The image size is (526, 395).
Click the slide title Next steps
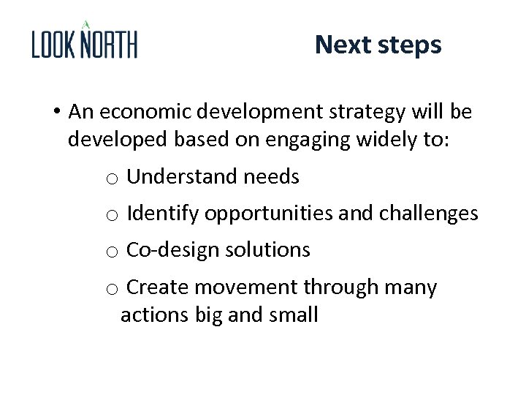pos(378,45)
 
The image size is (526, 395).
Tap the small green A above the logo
pos(85,24)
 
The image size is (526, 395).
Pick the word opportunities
pos(270,214)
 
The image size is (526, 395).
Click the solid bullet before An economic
pos(56,113)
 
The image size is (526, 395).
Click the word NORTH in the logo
pos(108,45)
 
